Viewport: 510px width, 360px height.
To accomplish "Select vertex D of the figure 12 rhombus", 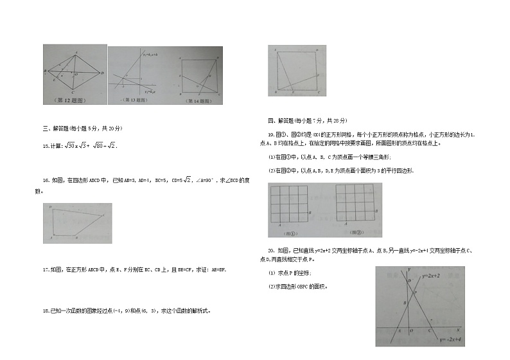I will (102, 73).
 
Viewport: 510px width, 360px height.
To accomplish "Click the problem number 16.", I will (46, 180).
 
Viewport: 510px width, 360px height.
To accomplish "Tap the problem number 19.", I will (270, 134).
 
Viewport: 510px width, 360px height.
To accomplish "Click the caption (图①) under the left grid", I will (293, 233).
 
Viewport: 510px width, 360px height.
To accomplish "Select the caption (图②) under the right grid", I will (355, 233).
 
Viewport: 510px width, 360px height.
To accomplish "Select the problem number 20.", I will (271, 250).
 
